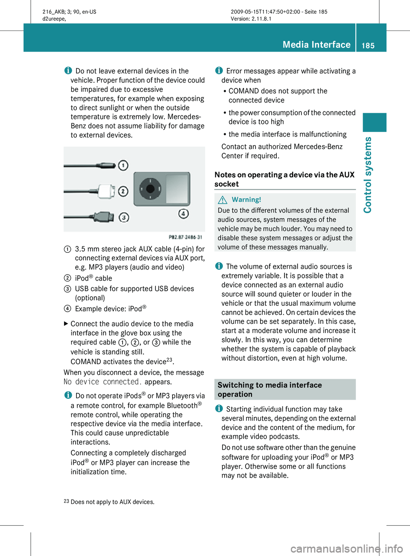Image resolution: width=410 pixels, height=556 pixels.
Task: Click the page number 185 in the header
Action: coord(368,45)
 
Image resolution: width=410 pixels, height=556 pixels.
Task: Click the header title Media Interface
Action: coord(316,44)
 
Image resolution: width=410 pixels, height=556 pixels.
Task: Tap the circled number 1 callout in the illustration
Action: coord(123,165)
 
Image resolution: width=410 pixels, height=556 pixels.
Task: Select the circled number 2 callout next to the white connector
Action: coord(123,191)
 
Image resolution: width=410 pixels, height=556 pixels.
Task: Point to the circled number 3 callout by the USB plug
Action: coord(124,217)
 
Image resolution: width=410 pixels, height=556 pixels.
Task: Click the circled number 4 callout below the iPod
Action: coord(184,214)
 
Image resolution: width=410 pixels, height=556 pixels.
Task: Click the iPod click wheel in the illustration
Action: coord(150,188)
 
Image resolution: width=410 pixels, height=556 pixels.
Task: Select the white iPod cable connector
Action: coord(105,191)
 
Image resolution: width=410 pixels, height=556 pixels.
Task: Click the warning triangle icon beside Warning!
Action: coord(222,199)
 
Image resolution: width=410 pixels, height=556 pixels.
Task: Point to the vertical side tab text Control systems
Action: coord(368,175)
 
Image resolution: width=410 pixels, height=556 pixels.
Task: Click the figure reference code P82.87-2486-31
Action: coord(185,237)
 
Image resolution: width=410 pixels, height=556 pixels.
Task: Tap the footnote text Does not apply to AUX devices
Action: coord(112,502)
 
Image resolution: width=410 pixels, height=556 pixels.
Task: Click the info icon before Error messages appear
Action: coord(219,70)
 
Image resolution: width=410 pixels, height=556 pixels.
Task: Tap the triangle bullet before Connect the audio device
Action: coord(66,324)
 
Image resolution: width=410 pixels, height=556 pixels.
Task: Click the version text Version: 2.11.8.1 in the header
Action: coord(251,19)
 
